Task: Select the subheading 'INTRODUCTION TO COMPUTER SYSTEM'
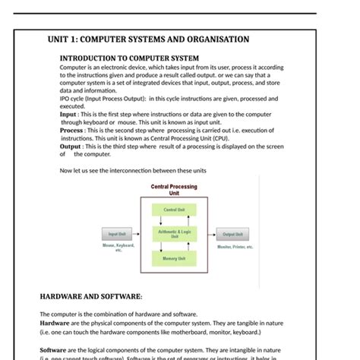129,58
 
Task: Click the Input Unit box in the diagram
117,235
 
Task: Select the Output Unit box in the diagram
233,235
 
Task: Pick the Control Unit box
174,209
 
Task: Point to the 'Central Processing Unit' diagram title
174,189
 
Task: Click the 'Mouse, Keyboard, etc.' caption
118,248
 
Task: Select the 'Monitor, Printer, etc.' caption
235,246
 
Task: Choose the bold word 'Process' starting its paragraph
74,130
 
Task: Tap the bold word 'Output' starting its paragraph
74,146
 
